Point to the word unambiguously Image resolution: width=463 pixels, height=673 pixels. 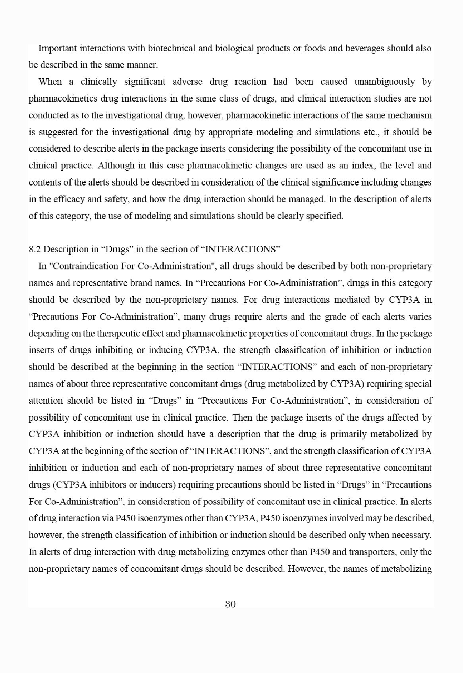click(x=384, y=82)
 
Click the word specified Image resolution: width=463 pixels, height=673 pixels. click(x=324, y=216)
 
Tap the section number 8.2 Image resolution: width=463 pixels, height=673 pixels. click(x=35, y=249)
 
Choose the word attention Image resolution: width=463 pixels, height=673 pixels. click(x=46, y=400)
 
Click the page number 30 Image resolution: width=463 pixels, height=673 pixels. click(x=230, y=604)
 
